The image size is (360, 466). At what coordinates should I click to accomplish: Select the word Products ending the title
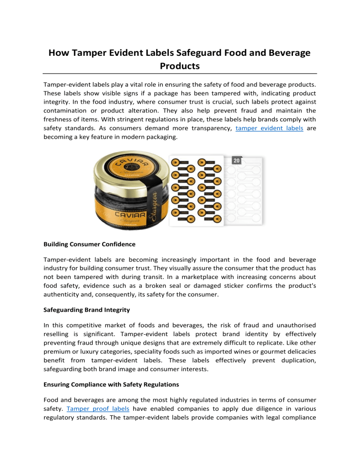(x=180, y=66)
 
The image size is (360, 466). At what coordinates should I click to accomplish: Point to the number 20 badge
(x=237, y=160)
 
